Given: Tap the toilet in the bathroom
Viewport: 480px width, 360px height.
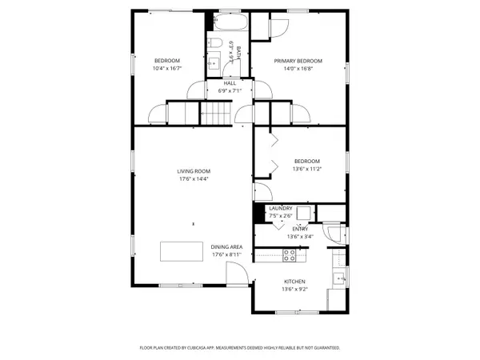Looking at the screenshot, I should point(215,43).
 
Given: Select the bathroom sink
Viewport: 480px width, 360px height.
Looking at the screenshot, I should point(214,62).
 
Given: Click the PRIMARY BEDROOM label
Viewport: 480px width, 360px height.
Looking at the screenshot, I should point(298,62).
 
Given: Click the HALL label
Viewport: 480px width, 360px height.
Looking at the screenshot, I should point(230,82).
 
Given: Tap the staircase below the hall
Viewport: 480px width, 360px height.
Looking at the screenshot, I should point(215,114).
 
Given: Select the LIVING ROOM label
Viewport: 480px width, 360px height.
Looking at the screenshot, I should point(193,170).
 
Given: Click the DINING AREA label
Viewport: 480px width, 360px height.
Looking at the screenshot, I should point(226,246).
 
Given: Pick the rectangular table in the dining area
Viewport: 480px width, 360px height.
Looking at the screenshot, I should point(182,251).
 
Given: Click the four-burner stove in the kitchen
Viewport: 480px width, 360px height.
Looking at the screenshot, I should point(290,255).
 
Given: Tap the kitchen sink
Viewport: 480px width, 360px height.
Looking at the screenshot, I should point(339,278).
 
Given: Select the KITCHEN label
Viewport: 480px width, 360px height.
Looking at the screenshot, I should point(295,282).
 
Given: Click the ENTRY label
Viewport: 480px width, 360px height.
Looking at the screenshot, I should point(300,228).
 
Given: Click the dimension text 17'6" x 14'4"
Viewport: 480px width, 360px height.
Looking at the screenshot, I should point(193,178).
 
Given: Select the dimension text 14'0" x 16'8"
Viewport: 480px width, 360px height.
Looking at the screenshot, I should point(298,70).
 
